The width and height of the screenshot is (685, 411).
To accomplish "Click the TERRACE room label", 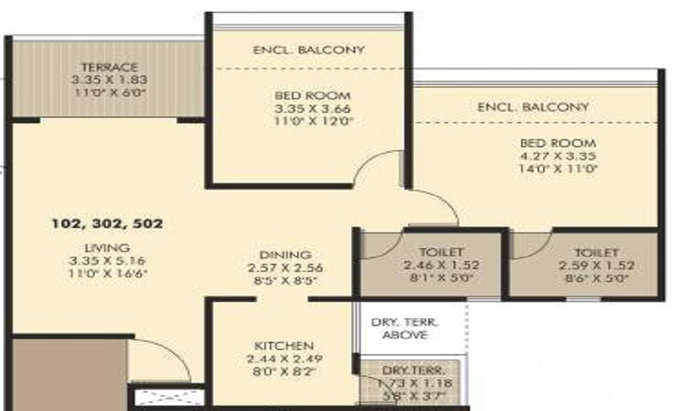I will tap(110, 67).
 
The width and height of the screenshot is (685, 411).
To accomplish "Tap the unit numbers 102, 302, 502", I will tap(108, 223).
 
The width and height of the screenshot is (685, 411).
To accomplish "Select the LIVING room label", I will tap(109, 247).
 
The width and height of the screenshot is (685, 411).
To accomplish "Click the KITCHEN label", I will tap(284, 346).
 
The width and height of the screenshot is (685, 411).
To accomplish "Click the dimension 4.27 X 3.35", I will tap(558, 156).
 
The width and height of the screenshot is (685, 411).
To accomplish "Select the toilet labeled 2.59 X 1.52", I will tap(587, 265).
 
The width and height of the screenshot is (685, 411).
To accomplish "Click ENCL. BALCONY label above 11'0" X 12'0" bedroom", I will tap(308, 50).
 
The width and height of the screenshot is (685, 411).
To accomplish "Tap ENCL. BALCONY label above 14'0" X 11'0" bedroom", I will tap(533, 107).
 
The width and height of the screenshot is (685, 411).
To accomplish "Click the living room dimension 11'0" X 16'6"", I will tap(109, 273).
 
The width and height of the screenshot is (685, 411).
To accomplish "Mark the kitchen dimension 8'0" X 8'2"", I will tap(284, 372).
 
